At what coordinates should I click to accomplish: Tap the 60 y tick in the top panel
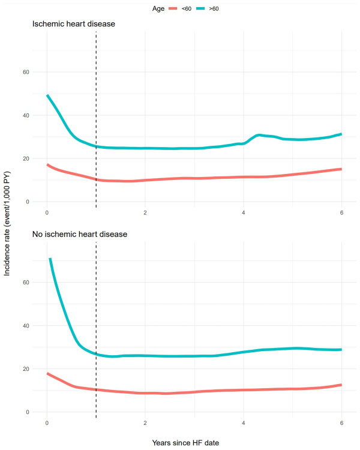[x=26, y=72]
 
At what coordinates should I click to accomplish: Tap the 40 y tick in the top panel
[x=26, y=115]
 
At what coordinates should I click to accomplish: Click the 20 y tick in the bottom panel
[x=26, y=369]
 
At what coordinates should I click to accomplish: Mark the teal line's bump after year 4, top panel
[x=259, y=136]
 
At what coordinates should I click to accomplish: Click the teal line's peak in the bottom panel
[x=50, y=259]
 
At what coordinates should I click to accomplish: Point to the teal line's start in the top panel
[x=47, y=95]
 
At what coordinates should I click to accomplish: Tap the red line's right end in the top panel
[x=341, y=169]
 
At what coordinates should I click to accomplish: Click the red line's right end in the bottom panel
[x=341, y=385]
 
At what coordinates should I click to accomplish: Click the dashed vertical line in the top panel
[x=96, y=120]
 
